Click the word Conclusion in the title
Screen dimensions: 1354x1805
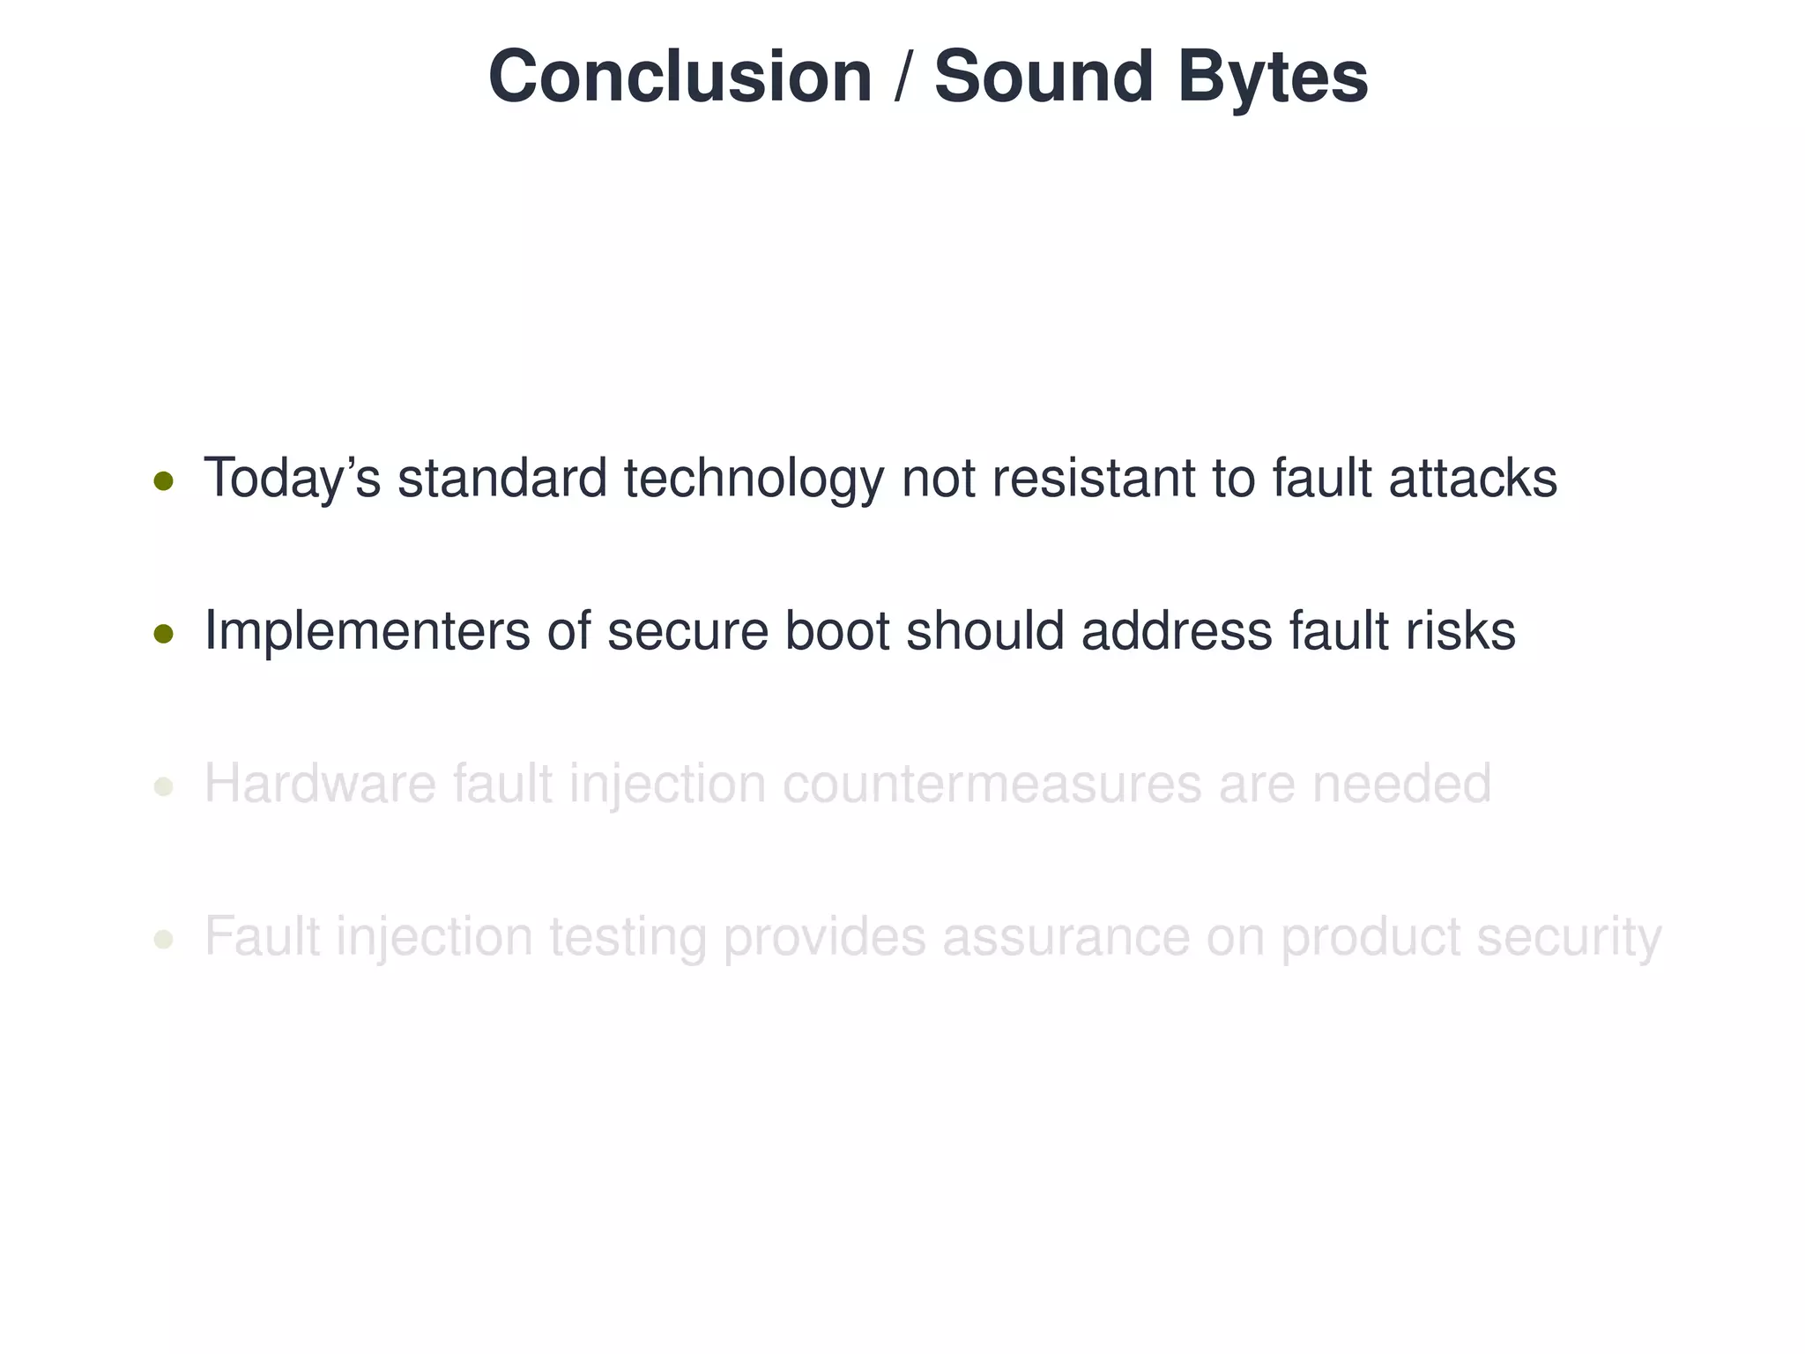[680, 77]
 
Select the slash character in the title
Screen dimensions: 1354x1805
[902, 77]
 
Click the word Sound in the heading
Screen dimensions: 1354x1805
[1044, 77]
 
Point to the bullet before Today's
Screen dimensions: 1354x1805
[163, 481]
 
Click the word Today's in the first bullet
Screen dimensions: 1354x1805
[292, 479]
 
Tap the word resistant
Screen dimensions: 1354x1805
[1093, 479]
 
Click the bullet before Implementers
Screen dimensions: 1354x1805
[163, 634]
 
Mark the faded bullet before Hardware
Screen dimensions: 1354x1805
[163, 786]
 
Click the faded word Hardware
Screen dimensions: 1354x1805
[320, 784]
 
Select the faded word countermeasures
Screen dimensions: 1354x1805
[992, 784]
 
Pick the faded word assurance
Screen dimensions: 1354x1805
[1066, 936]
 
